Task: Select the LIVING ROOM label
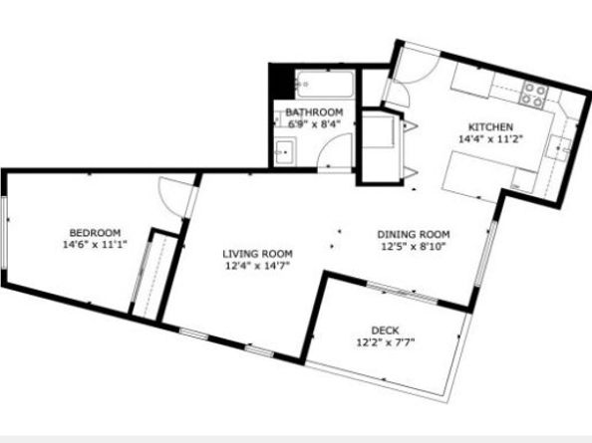pyautogui.click(x=257, y=253)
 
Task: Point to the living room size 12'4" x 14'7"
pyautogui.click(x=257, y=266)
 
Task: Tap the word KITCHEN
pyautogui.click(x=491, y=127)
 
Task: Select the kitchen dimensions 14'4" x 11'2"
pyautogui.click(x=491, y=140)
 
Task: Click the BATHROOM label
pyautogui.click(x=315, y=111)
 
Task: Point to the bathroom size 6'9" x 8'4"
pyautogui.click(x=315, y=124)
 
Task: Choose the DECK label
pyautogui.click(x=385, y=331)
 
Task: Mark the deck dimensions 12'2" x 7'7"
pyautogui.click(x=385, y=343)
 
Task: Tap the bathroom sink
pyautogui.click(x=284, y=152)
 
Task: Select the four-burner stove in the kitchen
pyautogui.click(x=534, y=96)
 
